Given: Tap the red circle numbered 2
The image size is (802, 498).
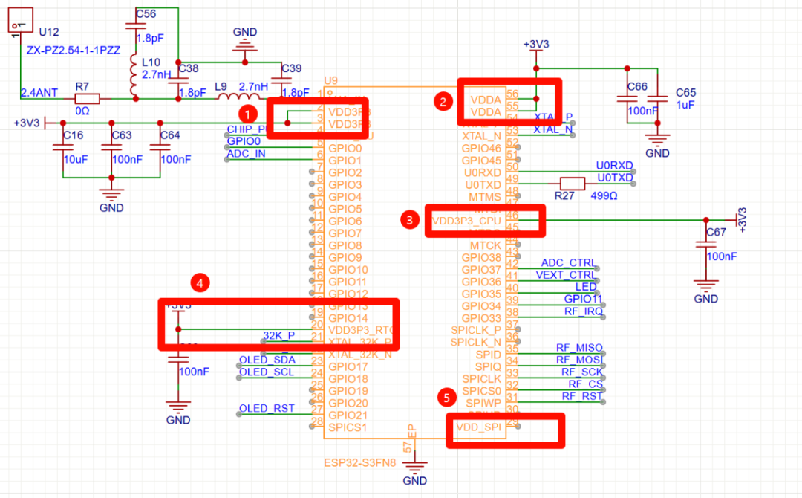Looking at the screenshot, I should [x=443, y=103].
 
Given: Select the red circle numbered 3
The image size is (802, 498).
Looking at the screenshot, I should [x=408, y=219].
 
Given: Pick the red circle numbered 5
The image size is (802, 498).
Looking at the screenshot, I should [x=446, y=398].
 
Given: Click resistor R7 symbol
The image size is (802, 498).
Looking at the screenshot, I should [x=86, y=98].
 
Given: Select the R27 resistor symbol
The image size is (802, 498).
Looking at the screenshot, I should [x=571, y=184].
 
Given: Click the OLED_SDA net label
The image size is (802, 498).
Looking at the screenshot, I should [x=267, y=360].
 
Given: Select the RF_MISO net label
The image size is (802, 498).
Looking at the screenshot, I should [x=579, y=348].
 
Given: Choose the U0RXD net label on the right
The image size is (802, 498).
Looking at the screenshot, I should [x=614, y=166].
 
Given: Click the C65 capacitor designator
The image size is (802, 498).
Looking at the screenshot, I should [x=685, y=92].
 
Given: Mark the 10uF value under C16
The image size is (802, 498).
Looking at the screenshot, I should [x=74, y=158].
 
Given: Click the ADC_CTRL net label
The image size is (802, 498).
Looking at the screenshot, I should [x=567, y=263].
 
